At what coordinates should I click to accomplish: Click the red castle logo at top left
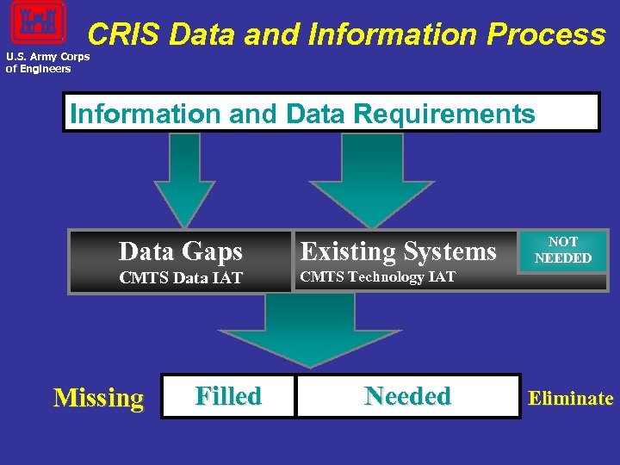coord(38,22)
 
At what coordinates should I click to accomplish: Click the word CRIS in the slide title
coord(124,35)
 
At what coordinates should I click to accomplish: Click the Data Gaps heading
coord(181,251)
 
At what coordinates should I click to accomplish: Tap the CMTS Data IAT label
coord(181,278)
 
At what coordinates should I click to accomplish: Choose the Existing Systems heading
coord(398,251)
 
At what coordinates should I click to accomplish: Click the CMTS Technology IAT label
coord(377,277)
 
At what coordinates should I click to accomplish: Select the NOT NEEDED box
coord(563,251)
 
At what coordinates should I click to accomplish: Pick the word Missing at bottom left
coord(98,398)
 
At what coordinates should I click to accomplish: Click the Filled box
coord(228,396)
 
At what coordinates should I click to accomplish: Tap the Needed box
coord(407,396)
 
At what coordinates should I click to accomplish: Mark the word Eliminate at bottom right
coord(570,398)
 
